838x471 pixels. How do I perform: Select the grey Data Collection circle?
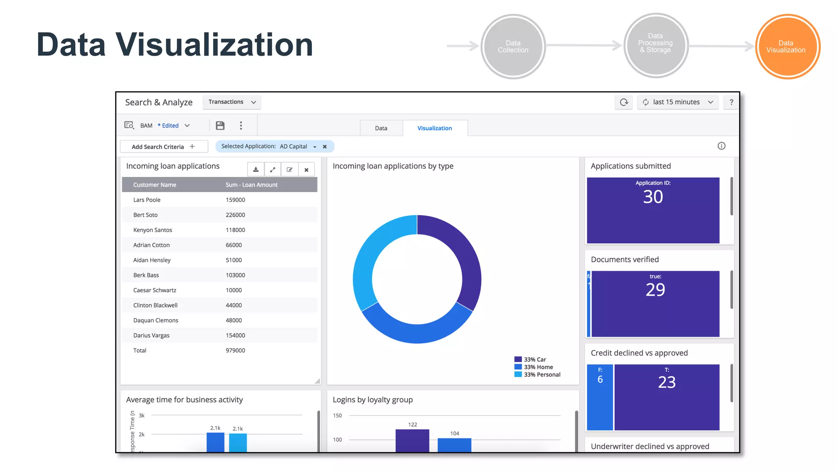point(513,47)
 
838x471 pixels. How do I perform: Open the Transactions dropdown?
point(232,102)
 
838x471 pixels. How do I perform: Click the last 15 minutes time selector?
point(677,102)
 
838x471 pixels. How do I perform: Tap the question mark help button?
point(731,102)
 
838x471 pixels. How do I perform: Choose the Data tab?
point(381,128)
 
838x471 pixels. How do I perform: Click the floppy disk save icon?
point(220,126)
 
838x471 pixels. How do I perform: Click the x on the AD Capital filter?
point(325,147)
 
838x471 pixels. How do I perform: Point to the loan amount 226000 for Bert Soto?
point(235,215)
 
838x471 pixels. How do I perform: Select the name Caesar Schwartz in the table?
point(155,290)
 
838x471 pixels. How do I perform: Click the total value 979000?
point(235,350)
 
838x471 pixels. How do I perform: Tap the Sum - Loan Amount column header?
point(251,185)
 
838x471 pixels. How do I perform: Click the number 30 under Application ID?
point(653,197)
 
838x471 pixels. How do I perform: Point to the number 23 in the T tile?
point(667,382)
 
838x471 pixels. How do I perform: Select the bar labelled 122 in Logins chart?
point(412,440)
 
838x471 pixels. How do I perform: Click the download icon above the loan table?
point(256,170)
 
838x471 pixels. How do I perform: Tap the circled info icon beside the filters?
point(721,146)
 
